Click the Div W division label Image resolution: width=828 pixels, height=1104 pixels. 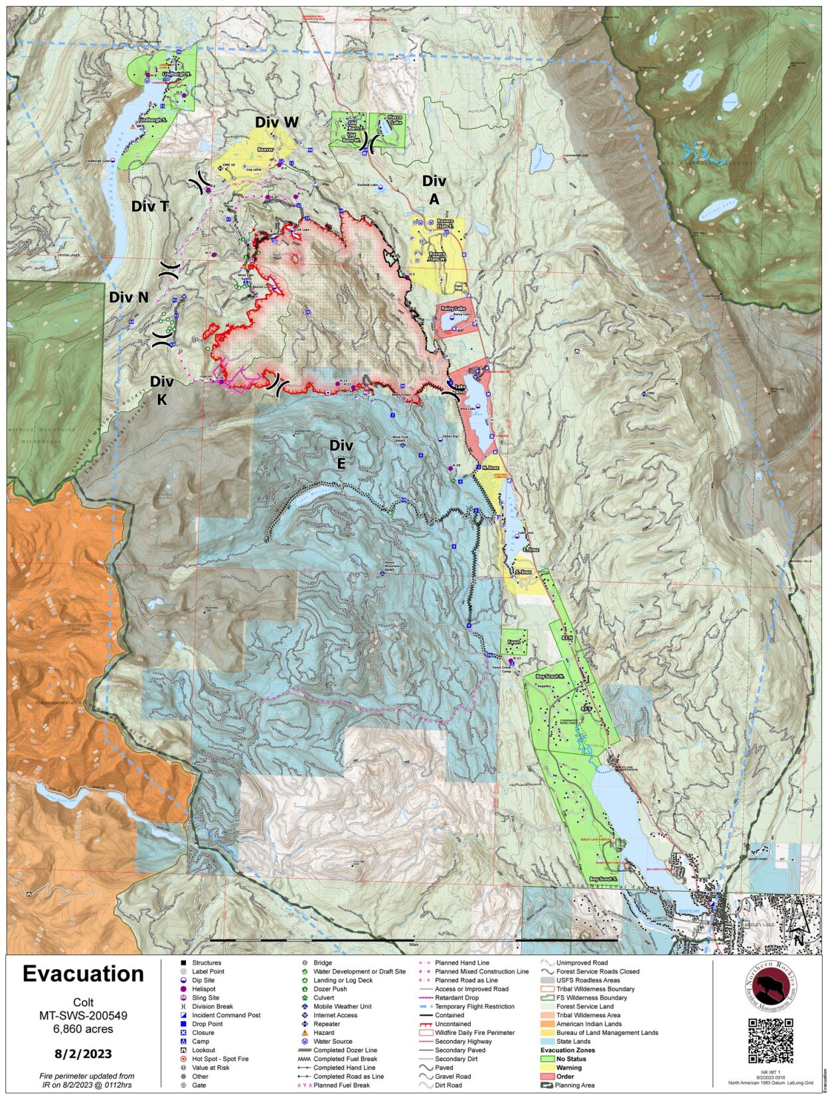coord(276,122)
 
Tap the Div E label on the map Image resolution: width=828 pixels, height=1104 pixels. coord(341,454)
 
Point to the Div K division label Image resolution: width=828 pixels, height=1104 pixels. coord(161,390)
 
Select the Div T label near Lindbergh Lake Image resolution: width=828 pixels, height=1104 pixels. coord(149,206)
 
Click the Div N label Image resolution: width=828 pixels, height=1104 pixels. coord(129,297)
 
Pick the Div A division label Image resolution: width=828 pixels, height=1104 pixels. coord(434,190)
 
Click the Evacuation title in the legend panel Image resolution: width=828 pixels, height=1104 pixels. coord(83,973)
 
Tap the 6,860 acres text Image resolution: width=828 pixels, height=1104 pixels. coord(83,1029)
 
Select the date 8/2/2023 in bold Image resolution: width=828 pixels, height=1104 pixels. coord(83,1054)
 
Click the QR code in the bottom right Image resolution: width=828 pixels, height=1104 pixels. coord(770,1040)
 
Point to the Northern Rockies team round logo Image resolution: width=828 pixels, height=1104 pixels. coord(770,986)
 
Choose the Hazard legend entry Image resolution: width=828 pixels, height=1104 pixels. coord(323,1032)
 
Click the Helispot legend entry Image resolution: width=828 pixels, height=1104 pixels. coord(203,988)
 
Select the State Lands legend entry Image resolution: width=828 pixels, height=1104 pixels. coord(572,1041)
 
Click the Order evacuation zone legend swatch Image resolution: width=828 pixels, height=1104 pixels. coord(547,1076)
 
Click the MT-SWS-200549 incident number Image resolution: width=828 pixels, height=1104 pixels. coord(83,1016)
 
